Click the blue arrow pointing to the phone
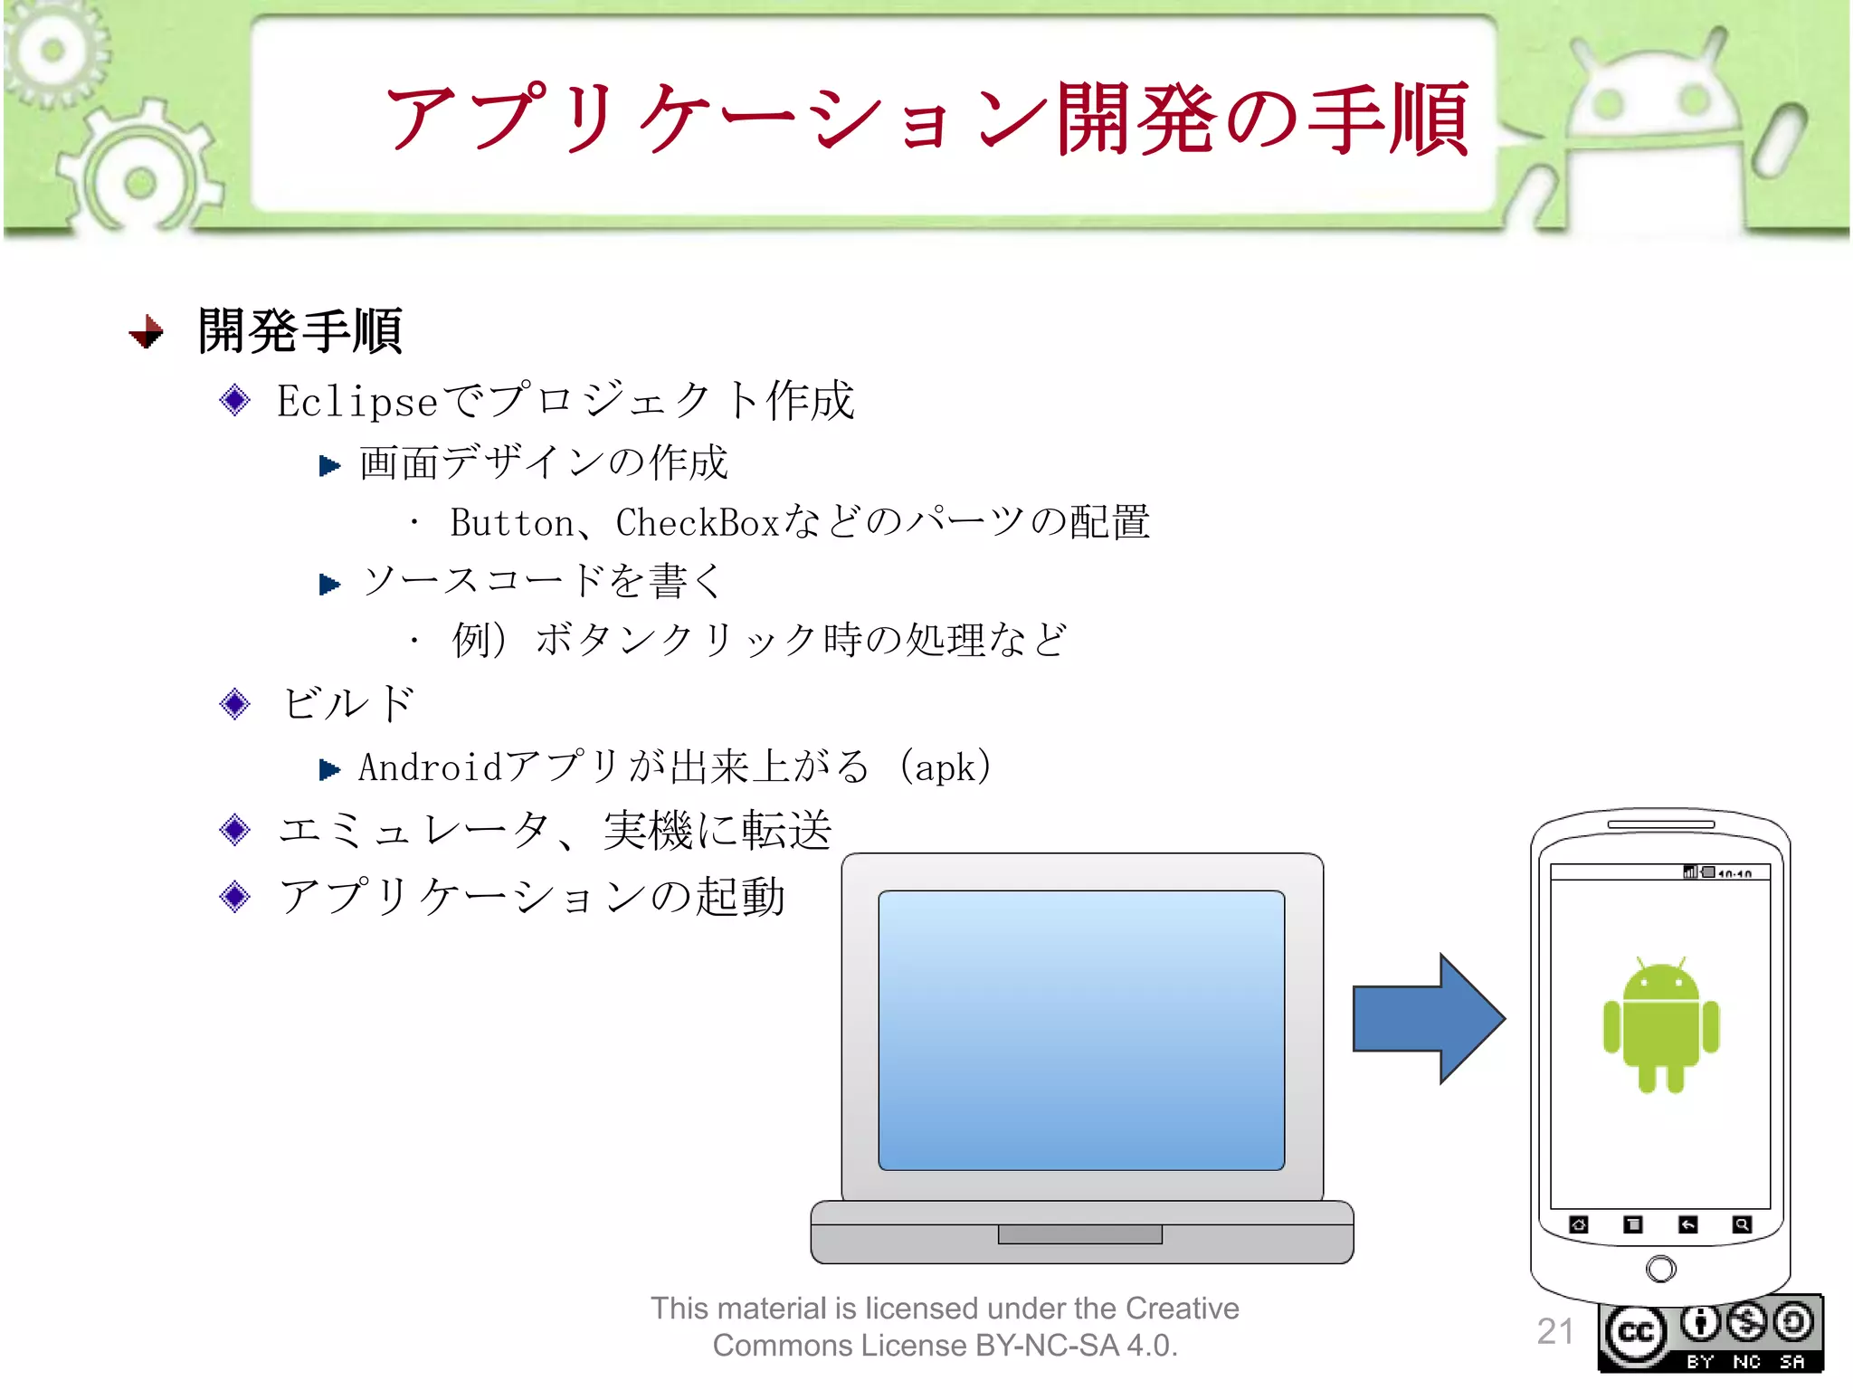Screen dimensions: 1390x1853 click(1425, 1018)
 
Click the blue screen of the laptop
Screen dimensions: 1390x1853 click(1081, 1030)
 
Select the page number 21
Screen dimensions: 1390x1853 click(1554, 1331)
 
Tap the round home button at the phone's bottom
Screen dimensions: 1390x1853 click(1660, 1269)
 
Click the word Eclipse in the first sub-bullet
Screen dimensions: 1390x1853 click(357, 401)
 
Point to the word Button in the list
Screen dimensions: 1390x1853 click(512, 523)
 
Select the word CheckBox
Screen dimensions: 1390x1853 click(698, 523)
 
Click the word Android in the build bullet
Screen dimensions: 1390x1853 click(430, 767)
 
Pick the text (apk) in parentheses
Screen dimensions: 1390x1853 click(946, 767)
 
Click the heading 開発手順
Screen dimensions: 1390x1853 click(300, 331)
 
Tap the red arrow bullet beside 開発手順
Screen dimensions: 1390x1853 click(147, 332)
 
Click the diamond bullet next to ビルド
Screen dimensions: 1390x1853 click(235, 703)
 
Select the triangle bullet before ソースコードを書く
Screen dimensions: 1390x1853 click(329, 584)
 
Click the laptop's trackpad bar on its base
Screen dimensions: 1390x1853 click(1079, 1234)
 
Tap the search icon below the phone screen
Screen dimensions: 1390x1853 click(1742, 1224)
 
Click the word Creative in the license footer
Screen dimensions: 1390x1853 click(1182, 1309)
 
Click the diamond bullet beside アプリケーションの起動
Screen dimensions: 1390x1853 click(235, 896)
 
